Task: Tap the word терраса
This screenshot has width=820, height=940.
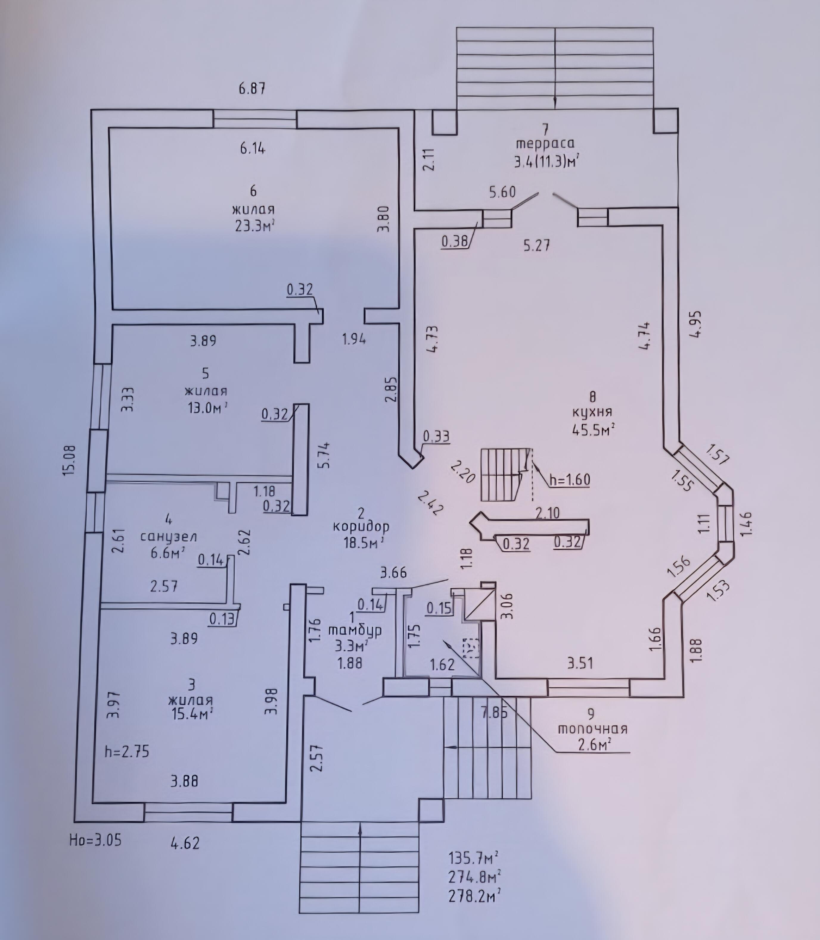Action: point(545,143)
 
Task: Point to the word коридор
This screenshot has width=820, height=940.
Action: point(361,526)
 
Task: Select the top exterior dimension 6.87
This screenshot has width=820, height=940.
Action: point(252,88)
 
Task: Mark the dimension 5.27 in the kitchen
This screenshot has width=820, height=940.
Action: point(537,246)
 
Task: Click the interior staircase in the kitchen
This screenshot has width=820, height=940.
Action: point(502,474)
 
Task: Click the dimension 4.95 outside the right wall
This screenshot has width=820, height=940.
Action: point(696,324)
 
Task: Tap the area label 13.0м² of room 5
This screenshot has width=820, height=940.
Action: point(207,407)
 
